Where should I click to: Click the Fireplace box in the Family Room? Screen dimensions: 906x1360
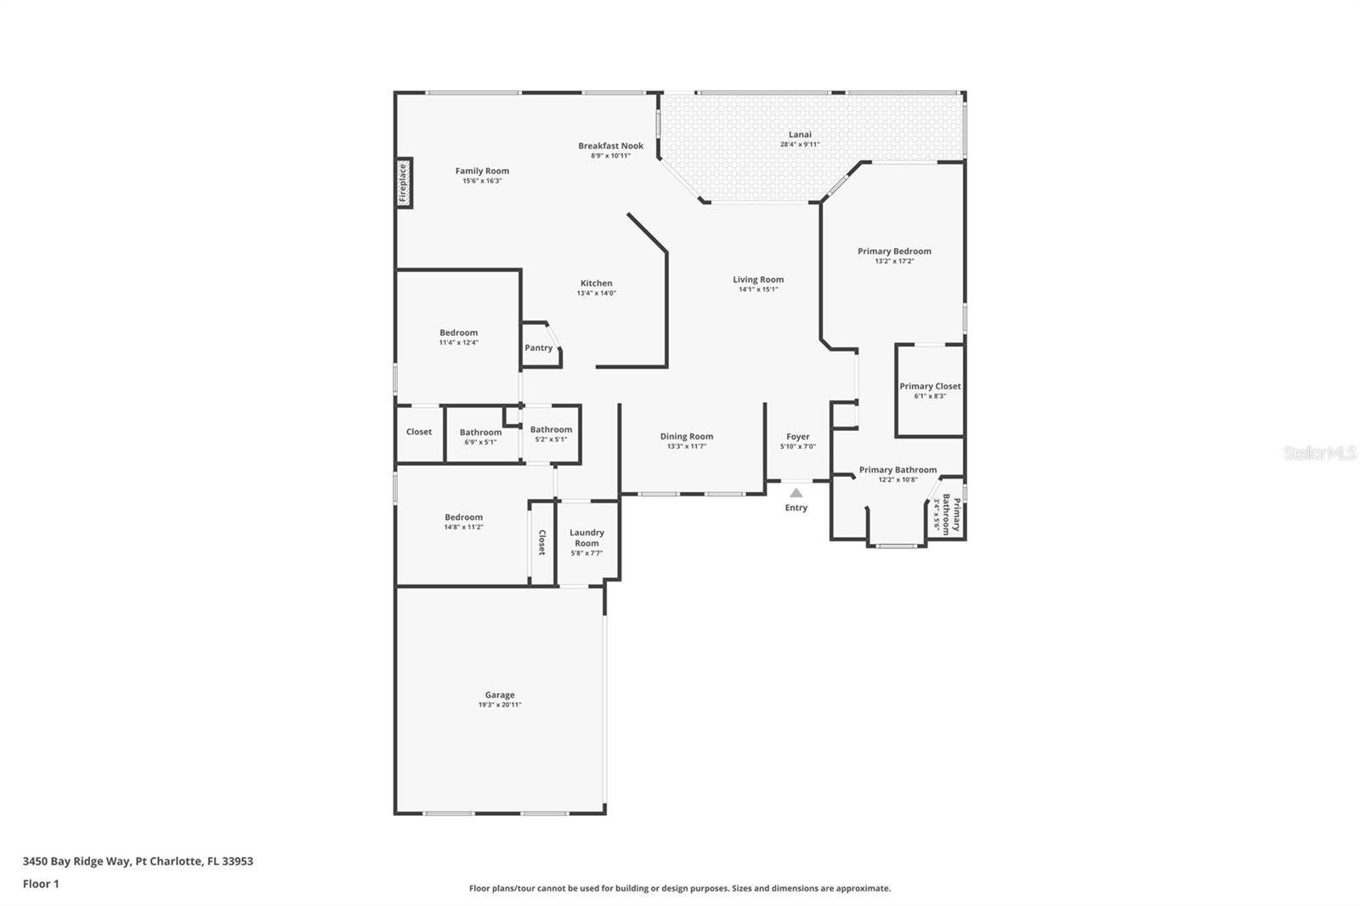(x=405, y=182)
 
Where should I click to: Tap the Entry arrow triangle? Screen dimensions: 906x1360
(x=796, y=493)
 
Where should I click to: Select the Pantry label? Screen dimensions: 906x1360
(x=538, y=348)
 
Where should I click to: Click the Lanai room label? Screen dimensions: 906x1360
(x=800, y=134)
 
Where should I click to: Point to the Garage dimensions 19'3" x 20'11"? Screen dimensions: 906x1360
(x=499, y=705)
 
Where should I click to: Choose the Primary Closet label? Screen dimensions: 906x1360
(x=930, y=386)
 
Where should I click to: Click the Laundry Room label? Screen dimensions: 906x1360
(x=586, y=537)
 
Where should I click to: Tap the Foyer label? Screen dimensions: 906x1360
(x=797, y=437)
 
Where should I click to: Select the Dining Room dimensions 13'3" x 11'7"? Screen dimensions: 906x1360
(x=686, y=446)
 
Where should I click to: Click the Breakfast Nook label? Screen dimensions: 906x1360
(x=610, y=145)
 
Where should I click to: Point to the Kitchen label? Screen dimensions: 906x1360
(x=596, y=283)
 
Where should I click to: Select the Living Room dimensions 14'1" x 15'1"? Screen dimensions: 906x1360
(x=758, y=289)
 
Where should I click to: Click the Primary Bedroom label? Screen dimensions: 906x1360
(x=894, y=251)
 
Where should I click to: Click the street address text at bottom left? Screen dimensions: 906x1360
(x=138, y=861)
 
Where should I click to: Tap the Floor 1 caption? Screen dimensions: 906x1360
(x=41, y=884)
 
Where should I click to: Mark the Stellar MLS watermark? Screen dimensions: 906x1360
(x=1319, y=453)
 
